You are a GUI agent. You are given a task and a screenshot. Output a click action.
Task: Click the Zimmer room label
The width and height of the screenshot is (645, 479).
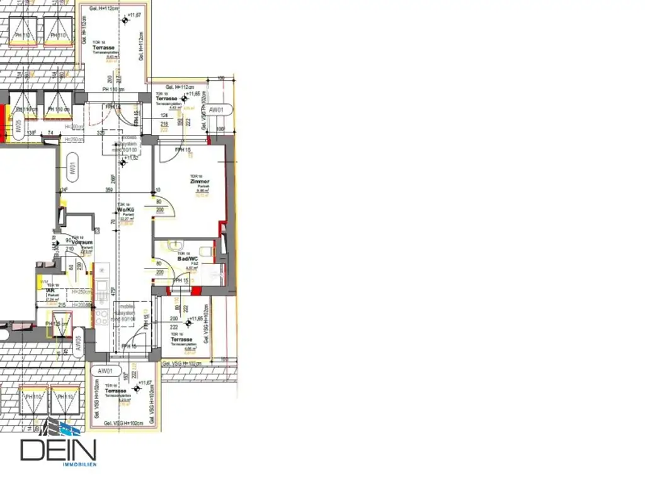[200, 182]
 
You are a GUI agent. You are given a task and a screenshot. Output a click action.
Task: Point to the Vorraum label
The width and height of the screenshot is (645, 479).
[83, 242]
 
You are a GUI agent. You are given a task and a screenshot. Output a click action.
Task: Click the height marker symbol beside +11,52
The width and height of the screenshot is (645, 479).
[123, 163]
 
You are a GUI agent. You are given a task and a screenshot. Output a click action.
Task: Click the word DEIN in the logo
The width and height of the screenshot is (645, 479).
[58, 451]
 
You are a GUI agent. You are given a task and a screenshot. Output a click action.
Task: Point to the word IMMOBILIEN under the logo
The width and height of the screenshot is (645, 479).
[79, 465]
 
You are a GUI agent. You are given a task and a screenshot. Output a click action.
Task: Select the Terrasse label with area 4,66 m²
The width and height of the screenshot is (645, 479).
[181, 340]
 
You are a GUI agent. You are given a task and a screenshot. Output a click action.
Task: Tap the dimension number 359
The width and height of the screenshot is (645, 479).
[109, 190]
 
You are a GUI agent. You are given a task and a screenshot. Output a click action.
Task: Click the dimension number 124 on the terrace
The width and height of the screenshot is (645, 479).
[164, 115]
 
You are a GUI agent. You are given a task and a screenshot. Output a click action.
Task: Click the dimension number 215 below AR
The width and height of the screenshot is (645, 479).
[62, 304]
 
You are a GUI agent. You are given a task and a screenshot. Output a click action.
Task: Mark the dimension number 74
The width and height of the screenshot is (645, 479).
[50, 133]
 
